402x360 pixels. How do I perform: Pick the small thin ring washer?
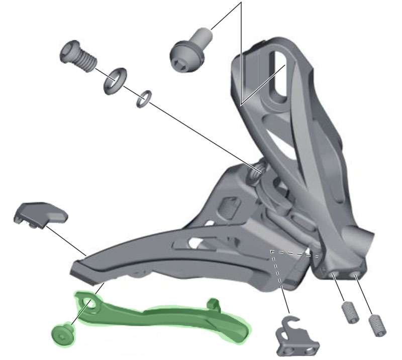144,98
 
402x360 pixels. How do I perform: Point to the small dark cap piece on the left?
40,213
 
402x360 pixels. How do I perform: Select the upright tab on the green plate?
214,303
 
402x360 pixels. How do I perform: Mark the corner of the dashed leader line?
272,250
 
